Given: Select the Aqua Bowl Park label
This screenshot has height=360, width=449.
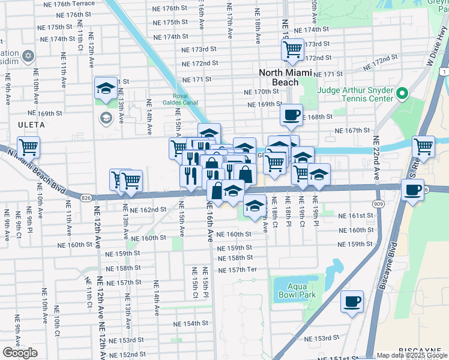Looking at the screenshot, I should tap(289, 292).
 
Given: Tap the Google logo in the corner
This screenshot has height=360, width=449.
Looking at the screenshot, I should tap(20, 353).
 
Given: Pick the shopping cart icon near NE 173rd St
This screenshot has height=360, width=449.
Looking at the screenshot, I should tap(292, 50).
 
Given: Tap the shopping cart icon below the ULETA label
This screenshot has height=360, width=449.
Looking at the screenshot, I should tap(28, 146).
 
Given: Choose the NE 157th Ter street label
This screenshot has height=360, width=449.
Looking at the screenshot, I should tap(237, 269).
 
